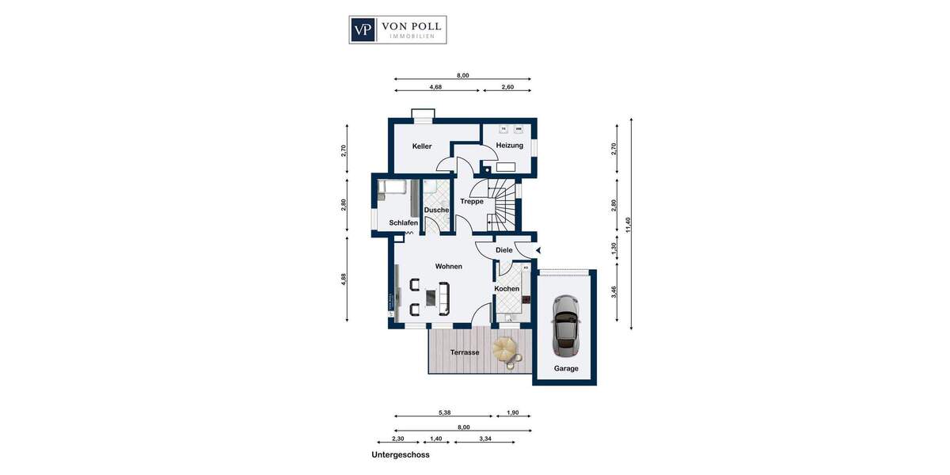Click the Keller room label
(422, 146)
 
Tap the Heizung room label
(510, 146)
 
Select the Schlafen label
(403, 223)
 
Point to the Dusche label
(436, 210)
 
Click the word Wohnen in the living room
(448, 267)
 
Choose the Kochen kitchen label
(507, 289)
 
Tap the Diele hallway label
(504, 250)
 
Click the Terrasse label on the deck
(465, 352)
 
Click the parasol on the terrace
(507, 349)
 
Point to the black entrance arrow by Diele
(538, 251)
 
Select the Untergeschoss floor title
(400, 455)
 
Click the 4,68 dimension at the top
(435, 88)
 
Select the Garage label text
(566, 369)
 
